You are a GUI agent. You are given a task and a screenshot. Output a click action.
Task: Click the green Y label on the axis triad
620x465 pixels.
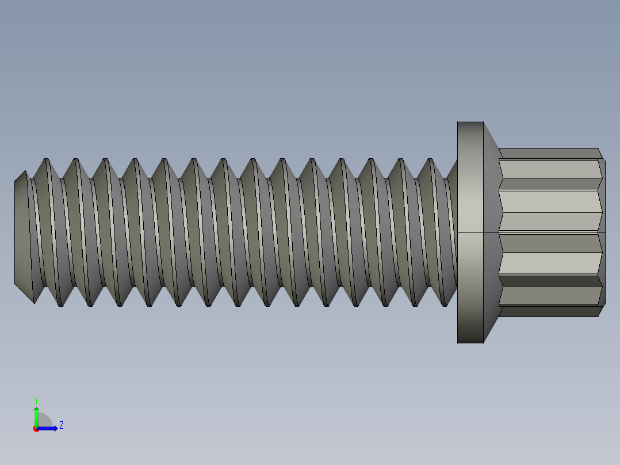coord(36,399)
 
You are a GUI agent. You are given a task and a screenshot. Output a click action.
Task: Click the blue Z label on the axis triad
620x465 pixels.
coord(62,425)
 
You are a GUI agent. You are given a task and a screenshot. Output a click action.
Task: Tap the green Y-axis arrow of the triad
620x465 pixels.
coord(36,416)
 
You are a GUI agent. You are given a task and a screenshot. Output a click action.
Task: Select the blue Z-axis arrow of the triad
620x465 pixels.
coord(49,428)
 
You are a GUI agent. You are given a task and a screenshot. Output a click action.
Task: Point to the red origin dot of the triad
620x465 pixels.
coord(36,429)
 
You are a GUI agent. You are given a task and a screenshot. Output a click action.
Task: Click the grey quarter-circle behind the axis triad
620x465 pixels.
coord(45,421)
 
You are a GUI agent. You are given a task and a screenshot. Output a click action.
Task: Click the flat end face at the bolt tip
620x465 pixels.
coord(22,232)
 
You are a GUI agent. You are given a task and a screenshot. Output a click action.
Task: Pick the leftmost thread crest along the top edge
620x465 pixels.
coord(47,159)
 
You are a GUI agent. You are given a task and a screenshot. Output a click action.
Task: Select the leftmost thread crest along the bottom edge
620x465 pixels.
coord(60,306)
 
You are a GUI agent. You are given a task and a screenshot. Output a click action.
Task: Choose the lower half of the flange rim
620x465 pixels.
coord(470,288)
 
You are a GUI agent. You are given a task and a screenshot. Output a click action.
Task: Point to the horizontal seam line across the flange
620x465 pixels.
coord(470,232)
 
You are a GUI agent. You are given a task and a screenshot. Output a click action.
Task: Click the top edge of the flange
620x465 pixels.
coord(470,122)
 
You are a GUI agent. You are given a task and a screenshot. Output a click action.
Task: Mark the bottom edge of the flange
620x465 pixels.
coord(470,343)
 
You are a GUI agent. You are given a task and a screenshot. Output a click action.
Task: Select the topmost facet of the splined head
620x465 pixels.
coord(549,153)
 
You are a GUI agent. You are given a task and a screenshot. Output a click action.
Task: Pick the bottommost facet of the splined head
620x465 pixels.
coord(549,311)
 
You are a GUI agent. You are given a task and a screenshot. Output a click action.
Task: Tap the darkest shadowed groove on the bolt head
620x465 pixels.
coord(549,281)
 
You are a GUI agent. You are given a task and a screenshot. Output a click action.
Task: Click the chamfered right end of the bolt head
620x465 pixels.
coord(602,232)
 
